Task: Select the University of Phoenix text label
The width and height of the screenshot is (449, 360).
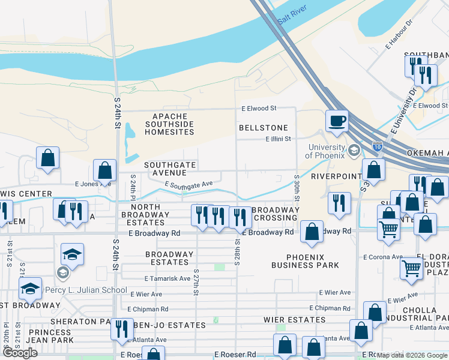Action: click(x=327, y=152)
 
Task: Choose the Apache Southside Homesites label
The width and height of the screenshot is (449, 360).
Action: click(x=170, y=124)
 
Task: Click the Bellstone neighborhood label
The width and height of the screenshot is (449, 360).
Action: click(x=263, y=128)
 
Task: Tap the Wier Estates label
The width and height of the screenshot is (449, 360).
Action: click(x=295, y=320)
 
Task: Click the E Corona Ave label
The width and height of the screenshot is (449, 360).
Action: click(x=382, y=257)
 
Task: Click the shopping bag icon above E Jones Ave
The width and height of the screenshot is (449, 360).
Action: click(x=105, y=170)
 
